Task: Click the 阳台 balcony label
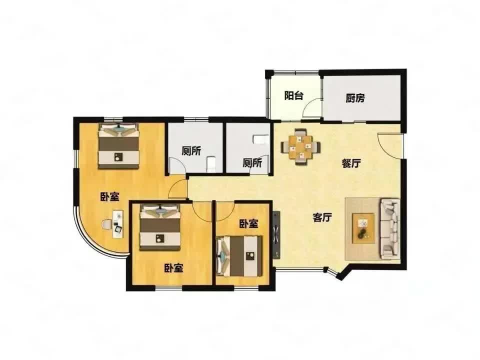click(x=293, y=95)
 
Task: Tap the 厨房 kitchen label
click(x=355, y=98)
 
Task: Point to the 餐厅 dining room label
click(x=351, y=163)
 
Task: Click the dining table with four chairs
click(x=301, y=147)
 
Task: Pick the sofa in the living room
click(x=389, y=228)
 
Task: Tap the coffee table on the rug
click(x=363, y=228)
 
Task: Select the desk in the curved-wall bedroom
click(x=118, y=224)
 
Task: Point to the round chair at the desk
click(x=106, y=224)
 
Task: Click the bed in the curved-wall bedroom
click(x=118, y=146)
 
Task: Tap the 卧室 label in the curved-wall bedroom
click(x=109, y=197)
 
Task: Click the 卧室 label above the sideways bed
click(x=248, y=224)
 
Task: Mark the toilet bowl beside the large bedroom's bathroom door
click(x=211, y=164)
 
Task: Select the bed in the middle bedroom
click(x=160, y=227)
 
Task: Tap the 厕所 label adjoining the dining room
click(x=252, y=163)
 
